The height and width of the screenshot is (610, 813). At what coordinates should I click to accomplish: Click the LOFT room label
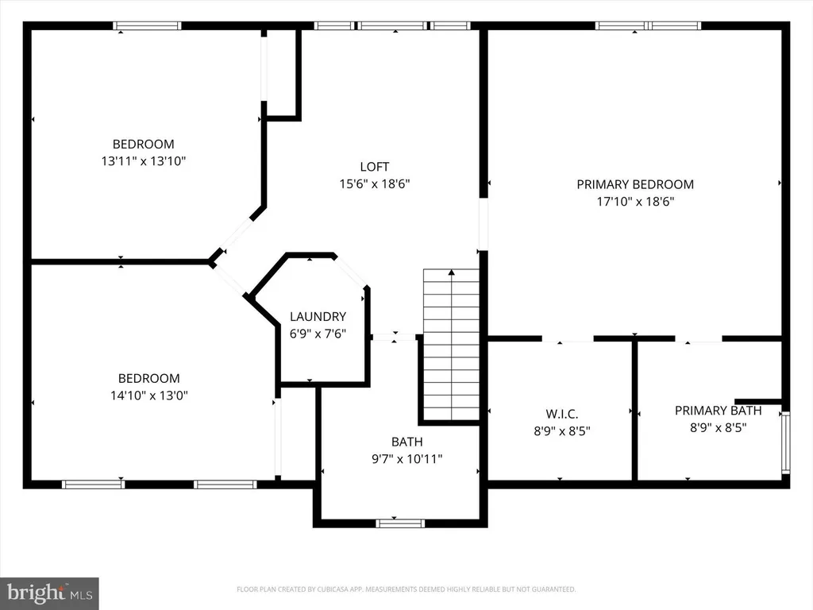[x=375, y=167]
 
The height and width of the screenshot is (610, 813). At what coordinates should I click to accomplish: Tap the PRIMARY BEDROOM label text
[x=635, y=184]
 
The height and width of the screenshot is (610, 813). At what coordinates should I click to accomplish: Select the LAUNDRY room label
[x=318, y=316]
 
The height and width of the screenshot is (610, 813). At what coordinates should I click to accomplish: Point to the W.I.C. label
[x=562, y=414]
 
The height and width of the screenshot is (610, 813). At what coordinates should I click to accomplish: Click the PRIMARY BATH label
[x=718, y=411]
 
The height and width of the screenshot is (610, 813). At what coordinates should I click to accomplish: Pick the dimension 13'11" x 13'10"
[x=143, y=160]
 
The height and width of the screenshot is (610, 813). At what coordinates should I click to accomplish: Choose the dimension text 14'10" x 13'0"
[x=148, y=396]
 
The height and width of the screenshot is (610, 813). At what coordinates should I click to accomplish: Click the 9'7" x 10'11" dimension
[x=407, y=458]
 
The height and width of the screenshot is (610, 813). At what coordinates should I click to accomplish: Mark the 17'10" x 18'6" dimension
[x=635, y=201]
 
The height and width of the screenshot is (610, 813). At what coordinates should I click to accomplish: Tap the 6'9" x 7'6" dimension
[x=318, y=334]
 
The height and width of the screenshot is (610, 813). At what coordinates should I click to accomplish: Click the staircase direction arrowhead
[x=452, y=272]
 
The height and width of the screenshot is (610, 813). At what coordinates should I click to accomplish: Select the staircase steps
[x=451, y=345]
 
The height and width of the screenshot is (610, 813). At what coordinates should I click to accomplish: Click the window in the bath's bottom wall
[x=400, y=523]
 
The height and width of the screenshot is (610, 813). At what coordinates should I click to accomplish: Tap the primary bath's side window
[x=786, y=442]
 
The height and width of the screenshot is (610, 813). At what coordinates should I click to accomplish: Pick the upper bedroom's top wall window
[x=147, y=25]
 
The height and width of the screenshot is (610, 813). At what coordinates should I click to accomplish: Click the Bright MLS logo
[x=49, y=593]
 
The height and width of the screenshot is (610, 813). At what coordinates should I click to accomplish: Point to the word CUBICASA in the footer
[x=332, y=589]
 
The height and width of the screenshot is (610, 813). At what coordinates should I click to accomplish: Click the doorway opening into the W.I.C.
[x=568, y=339]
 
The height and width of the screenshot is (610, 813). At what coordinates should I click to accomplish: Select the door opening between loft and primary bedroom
[x=484, y=224]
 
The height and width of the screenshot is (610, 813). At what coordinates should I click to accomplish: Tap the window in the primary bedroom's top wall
[x=648, y=25]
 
